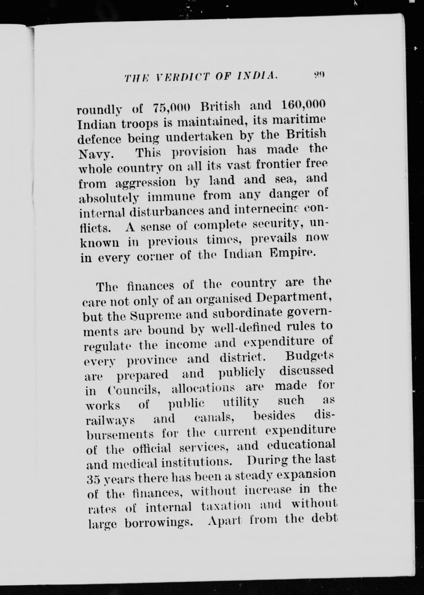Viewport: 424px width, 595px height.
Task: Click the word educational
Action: pyautogui.click(x=301, y=445)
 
